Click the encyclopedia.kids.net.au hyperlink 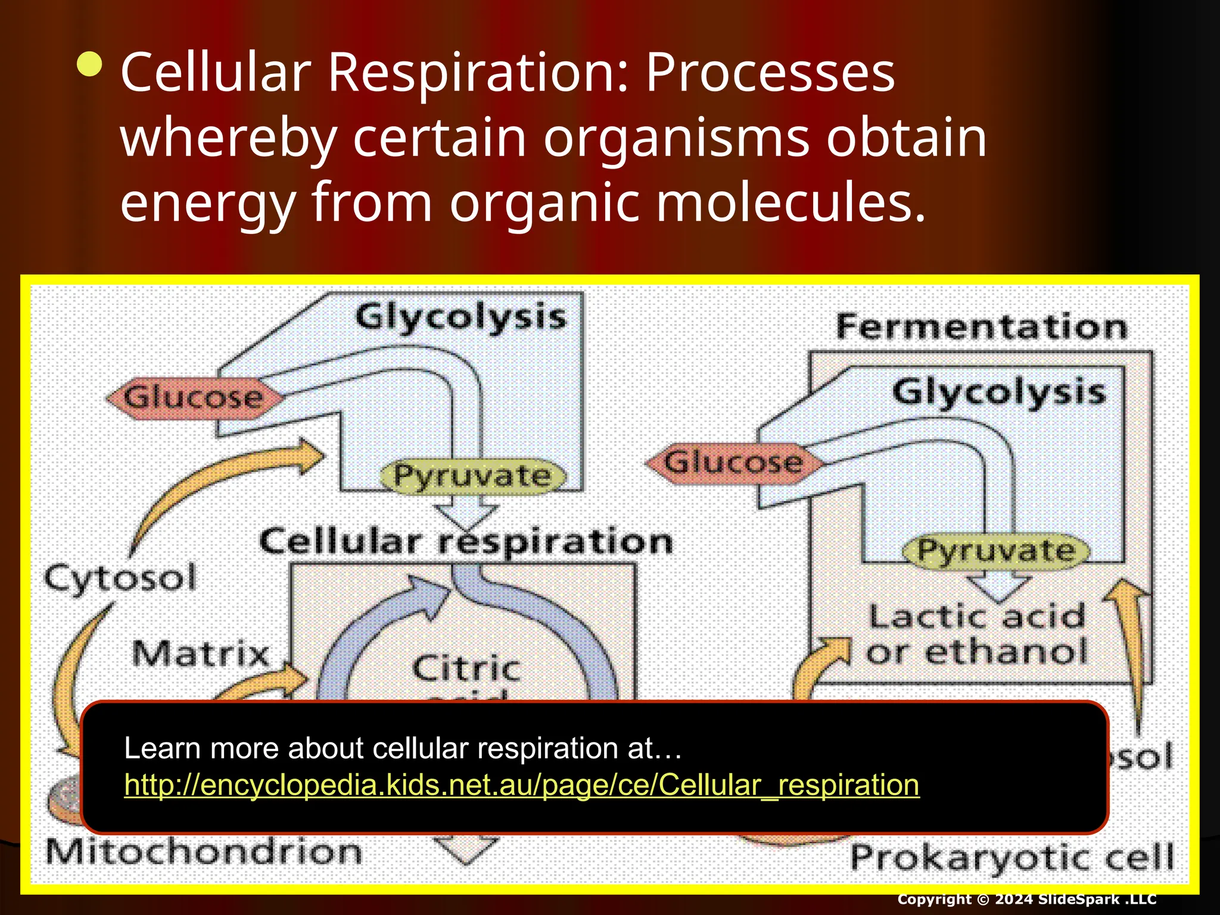click(x=521, y=785)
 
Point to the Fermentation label click(x=982, y=327)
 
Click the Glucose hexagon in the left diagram click(x=193, y=397)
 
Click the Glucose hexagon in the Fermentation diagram click(x=734, y=463)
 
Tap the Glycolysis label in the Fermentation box click(x=998, y=393)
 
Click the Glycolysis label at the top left click(x=460, y=317)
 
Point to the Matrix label click(x=201, y=653)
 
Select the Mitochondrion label click(x=204, y=852)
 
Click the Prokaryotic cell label click(x=1012, y=858)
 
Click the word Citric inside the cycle click(x=466, y=668)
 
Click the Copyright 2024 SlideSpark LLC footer click(x=1026, y=899)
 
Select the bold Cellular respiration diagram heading click(x=466, y=542)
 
